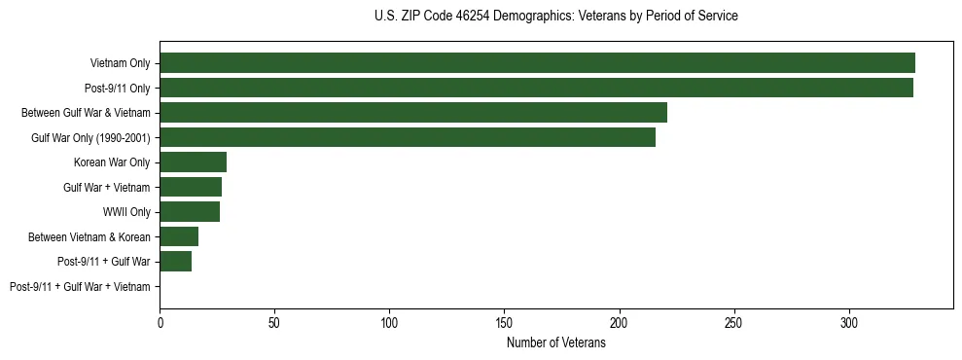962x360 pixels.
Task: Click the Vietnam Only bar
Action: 537,63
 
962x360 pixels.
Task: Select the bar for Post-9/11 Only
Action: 536,88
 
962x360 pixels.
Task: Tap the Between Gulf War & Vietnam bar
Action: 413,113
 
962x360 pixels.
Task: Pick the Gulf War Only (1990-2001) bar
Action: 408,137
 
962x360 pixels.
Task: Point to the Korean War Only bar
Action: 193,162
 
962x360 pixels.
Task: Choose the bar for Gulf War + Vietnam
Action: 191,187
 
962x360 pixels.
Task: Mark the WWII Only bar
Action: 190,212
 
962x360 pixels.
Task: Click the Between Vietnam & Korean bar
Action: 179,236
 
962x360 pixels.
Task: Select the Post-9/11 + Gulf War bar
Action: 175,262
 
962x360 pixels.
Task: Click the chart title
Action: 555,17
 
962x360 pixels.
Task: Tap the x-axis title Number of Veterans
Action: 555,342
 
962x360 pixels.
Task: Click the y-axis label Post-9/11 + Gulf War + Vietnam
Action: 80,287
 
